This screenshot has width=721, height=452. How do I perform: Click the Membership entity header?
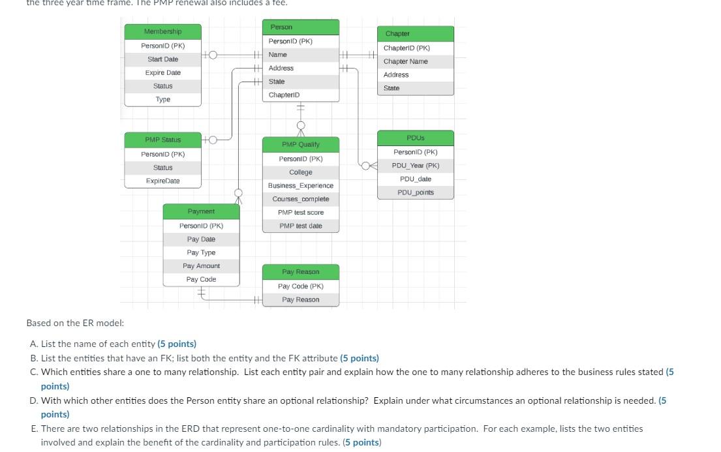pyautogui.click(x=163, y=32)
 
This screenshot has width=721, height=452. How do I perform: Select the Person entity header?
pyautogui.click(x=300, y=27)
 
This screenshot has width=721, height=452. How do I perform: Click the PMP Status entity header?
pyautogui.click(x=163, y=140)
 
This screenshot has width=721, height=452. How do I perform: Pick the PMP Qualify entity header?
pyautogui.click(x=300, y=144)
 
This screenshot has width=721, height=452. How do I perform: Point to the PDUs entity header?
pyautogui.click(x=415, y=138)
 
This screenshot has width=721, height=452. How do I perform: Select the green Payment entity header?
pyautogui.click(x=201, y=211)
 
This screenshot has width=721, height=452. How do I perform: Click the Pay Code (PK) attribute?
pyautogui.click(x=300, y=286)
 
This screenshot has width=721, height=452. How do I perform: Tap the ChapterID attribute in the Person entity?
pyautogui.click(x=284, y=95)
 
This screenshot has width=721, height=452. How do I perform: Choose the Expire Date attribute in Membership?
pyautogui.click(x=163, y=72)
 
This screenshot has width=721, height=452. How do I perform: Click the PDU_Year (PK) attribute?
pyautogui.click(x=415, y=166)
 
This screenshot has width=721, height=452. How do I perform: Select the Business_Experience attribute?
pyautogui.click(x=300, y=186)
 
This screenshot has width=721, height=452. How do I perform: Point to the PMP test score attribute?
pyautogui.click(x=300, y=213)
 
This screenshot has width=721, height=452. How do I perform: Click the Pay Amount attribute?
pyautogui.click(x=201, y=266)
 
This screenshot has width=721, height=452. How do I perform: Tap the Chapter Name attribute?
pyautogui.click(x=406, y=61)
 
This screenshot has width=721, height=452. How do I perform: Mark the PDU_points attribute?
pyautogui.click(x=415, y=192)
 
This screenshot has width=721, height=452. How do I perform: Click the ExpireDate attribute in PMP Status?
pyautogui.click(x=163, y=181)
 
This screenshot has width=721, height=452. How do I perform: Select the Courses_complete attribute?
pyautogui.click(x=300, y=199)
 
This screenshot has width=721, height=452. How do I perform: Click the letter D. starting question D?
pyautogui.click(x=33, y=400)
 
